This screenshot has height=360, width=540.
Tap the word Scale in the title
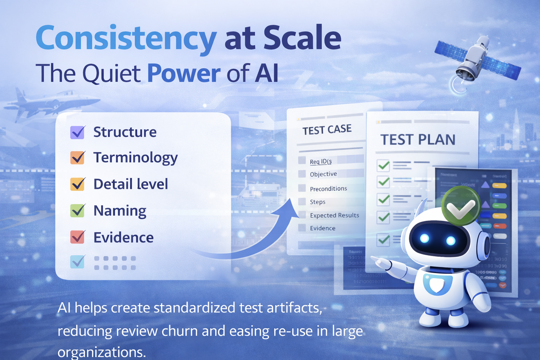coord(302,38)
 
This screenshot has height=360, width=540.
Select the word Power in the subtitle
coord(184,73)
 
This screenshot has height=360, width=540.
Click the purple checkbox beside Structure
coord(77,132)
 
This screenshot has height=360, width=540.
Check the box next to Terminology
coord(77,157)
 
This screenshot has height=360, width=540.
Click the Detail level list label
coord(131,184)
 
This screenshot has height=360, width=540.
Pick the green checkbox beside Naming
coord(77,211)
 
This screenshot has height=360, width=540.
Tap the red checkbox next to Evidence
coord(77,237)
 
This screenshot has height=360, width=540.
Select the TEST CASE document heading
coord(327,130)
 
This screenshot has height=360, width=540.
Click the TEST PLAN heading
coord(418,140)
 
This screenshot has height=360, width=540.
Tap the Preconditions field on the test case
coord(328,189)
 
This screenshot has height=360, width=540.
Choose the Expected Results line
coord(334,215)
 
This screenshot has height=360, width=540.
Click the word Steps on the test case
coord(317,202)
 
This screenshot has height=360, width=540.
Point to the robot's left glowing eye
coord(425,239)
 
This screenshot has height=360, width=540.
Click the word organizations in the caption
coord(101,352)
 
